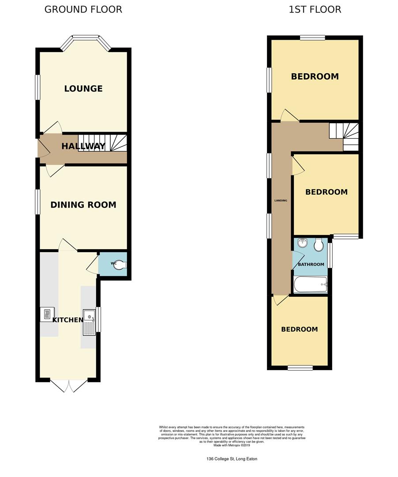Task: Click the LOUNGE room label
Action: pyautogui.click(x=83, y=88)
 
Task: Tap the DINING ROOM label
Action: pyautogui.click(x=83, y=205)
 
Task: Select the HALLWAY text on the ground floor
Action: pyautogui.click(x=83, y=146)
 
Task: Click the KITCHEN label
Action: pyautogui.click(x=68, y=320)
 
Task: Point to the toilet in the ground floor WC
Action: pyautogui.click(x=121, y=265)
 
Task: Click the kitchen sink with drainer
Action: pyautogui.click(x=89, y=322)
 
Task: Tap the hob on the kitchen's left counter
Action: pyautogui.click(x=47, y=314)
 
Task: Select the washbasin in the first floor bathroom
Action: pyautogui.click(x=303, y=243)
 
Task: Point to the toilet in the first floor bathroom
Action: pyautogui.click(x=319, y=245)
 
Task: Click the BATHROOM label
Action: pyautogui.click(x=311, y=265)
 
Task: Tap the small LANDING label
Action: pyautogui.click(x=281, y=201)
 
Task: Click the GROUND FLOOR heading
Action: pyautogui.click(x=83, y=9)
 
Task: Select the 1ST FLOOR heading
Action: pyautogui.click(x=315, y=9)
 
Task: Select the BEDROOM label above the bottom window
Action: pyautogui.click(x=300, y=329)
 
